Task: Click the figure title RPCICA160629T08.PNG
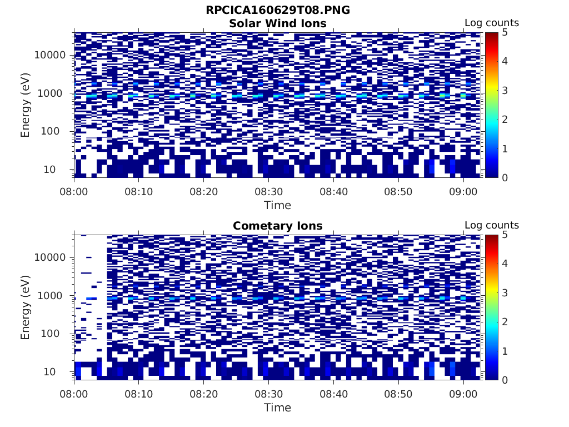[x=278, y=11]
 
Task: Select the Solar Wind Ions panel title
[x=278, y=23]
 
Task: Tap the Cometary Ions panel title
[x=278, y=226]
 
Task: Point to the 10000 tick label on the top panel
[x=51, y=55]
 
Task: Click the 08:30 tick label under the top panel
[x=268, y=191]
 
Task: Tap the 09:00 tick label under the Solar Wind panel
[x=463, y=191]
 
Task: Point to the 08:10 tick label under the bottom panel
[x=139, y=394]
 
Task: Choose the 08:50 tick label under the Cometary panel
[x=398, y=394]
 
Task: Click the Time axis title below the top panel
[x=278, y=205]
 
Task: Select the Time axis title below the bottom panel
[x=278, y=408]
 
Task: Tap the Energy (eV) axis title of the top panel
[x=26, y=105]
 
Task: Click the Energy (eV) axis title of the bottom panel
[x=26, y=307]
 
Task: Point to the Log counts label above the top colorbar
[x=492, y=23]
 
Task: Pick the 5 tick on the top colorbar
[x=504, y=32]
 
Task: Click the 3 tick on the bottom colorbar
[x=504, y=292]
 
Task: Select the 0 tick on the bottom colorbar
[x=504, y=380]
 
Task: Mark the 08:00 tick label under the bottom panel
[x=74, y=394]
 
